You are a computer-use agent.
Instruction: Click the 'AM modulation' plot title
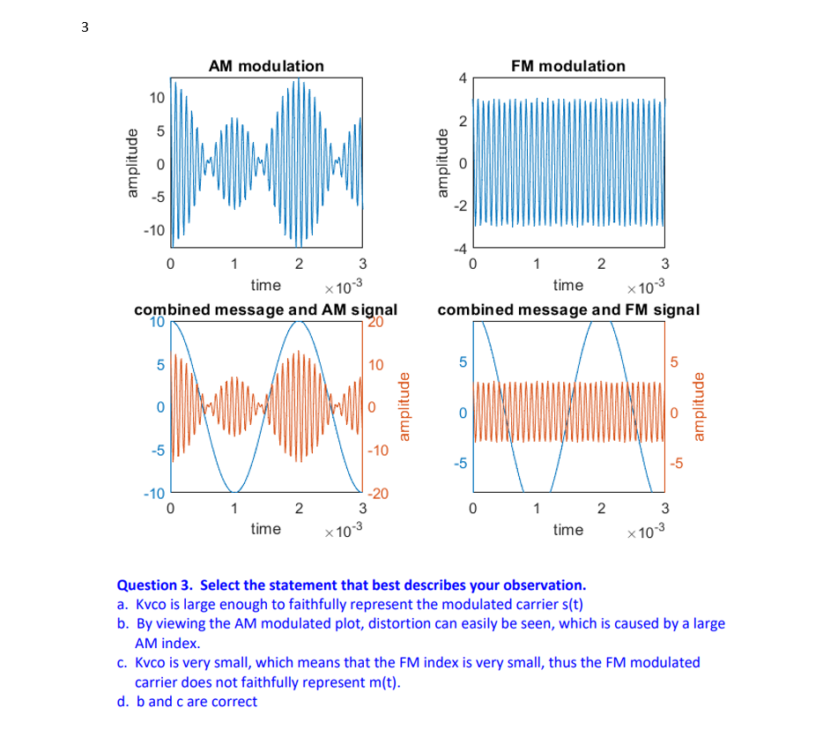pos(265,66)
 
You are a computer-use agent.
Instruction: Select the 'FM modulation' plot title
pos(567,66)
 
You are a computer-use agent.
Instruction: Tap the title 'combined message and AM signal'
pos(265,309)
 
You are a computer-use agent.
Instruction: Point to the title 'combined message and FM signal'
pos(568,309)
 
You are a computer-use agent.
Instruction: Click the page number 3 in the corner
pos(85,27)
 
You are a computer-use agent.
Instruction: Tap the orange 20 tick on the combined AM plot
pos(375,323)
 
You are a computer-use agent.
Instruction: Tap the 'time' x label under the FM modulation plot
pos(567,285)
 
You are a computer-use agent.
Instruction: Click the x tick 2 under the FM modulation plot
pos(601,264)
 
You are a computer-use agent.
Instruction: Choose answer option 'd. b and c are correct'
pos(188,702)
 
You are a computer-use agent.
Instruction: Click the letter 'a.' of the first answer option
pos(123,604)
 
